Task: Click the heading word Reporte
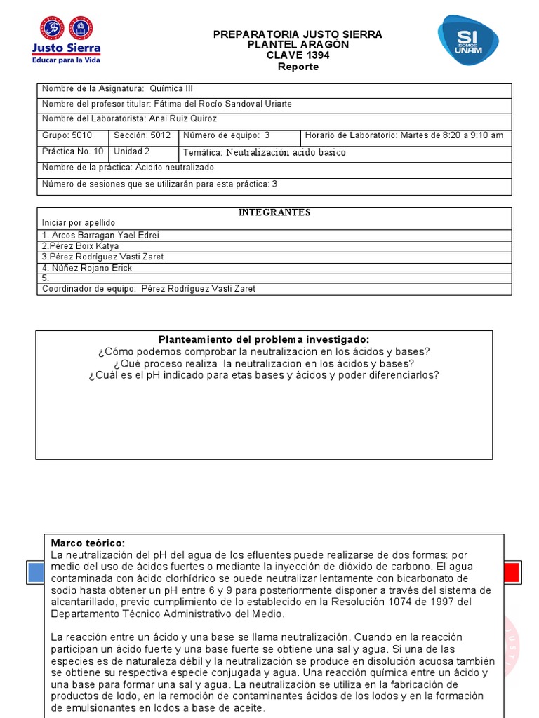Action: pyautogui.click(x=298, y=67)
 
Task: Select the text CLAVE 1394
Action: pyautogui.click(x=298, y=55)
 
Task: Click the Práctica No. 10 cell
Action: pyautogui.click(x=73, y=151)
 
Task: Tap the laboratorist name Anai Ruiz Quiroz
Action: pyautogui.click(x=185, y=119)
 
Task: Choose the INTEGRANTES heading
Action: pyautogui.click(x=274, y=212)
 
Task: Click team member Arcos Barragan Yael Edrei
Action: pyautogui.click(x=105, y=236)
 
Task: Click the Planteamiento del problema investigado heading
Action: pyautogui.click(x=264, y=339)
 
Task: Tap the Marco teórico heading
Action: pyautogui.click(x=88, y=543)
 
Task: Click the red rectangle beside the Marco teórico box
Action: pyautogui.click(x=512, y=572)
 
